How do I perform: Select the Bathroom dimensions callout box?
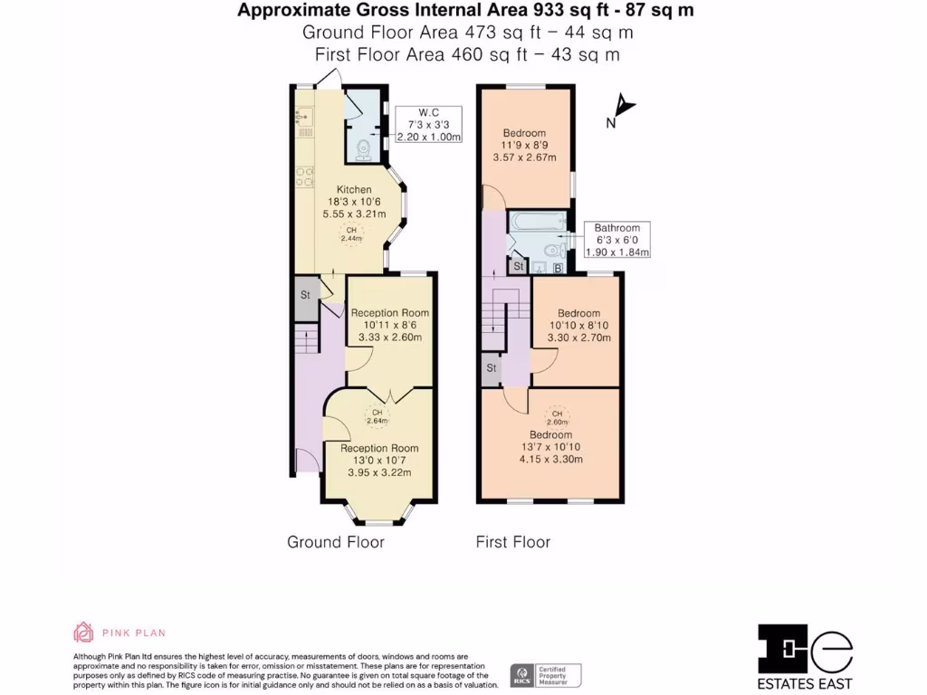617,240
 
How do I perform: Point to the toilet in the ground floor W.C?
363,151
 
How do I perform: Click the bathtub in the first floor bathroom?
538,220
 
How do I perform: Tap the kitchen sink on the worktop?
302,117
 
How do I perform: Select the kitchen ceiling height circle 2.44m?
349,235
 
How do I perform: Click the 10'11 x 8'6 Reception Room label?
390,324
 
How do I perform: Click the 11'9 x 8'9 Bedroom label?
524,145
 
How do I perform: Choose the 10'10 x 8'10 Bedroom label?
578,326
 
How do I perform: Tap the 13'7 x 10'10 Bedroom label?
550,446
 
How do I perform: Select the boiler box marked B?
559,268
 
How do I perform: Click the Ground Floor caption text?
335,542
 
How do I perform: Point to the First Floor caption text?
513,542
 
